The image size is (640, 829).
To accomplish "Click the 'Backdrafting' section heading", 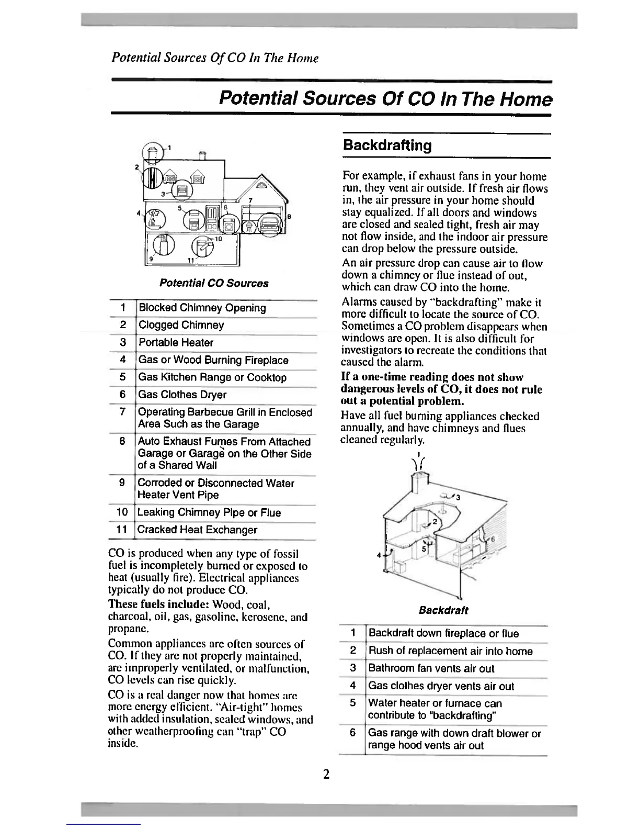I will coord(387,145).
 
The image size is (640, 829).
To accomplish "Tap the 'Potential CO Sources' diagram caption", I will coord(213,283).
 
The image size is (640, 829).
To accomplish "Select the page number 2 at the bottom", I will coord(326,774).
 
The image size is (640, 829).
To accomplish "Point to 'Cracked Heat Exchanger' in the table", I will coord(197,530).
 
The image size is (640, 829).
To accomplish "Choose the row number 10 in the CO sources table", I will coord(122,512).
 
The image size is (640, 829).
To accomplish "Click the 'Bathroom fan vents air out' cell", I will coord(431,668).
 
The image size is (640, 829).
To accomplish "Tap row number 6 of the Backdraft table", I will coord(353,733).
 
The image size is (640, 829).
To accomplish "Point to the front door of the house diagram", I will coord(212,220).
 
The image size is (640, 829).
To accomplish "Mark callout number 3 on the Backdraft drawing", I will coord(458,498).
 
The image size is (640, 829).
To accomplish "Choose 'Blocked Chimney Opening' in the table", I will coord(202,308).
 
